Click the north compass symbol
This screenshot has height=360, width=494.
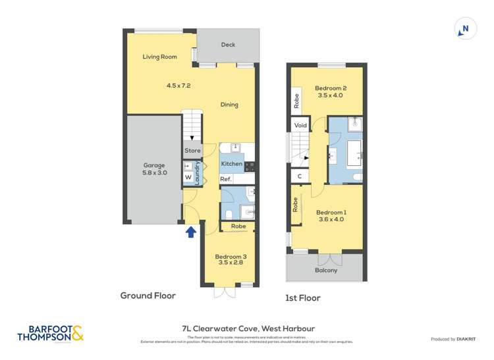[x=465, y=29]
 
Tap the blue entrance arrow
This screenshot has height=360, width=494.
[x=191, y=232]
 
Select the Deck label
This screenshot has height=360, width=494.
[x=228, y=45]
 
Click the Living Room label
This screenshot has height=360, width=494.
[x=160, y=57]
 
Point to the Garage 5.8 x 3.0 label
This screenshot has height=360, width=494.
[x=154, y=170]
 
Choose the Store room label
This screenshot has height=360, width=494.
[x=192, y=151]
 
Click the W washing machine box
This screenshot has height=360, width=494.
[x=188, y=178]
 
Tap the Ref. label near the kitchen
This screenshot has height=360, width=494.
[x=226, y=179]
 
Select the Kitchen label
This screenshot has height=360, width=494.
[x=231, y=163]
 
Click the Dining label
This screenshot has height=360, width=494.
[x=229, y=105]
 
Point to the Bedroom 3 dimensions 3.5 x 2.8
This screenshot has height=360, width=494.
[x=231, y=263]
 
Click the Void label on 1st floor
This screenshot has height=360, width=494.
[x=300, y=125]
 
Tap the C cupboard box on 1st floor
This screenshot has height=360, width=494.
[x=300, y=176]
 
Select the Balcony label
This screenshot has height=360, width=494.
[x=325, y=270]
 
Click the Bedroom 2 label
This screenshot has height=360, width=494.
[x=331, y=88]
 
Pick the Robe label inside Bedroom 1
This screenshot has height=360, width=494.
[x=296, y=205]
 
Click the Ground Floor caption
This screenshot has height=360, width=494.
[x=148, y=296]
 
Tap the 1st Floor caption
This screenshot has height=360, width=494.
[x=302, y=298]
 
